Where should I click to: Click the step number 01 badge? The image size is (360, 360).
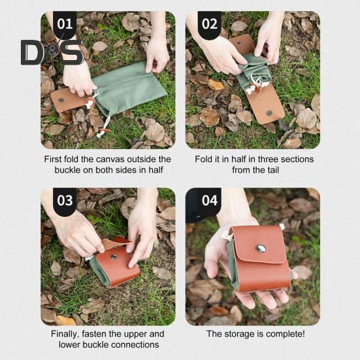[65, 24]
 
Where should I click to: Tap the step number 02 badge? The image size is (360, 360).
[209, 24]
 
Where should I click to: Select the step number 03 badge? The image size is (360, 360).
[65, 201]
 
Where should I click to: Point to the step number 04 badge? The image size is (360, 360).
[209, 201]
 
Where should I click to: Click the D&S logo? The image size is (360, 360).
[52, 52]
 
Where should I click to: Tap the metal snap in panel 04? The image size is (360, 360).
[261, 249]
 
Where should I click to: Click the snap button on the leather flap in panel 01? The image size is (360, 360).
[61, 100]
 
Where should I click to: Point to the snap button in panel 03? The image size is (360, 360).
[114, 257]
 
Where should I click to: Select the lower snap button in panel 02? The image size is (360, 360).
[269, 113]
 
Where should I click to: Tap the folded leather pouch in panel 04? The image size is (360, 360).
[260, 259]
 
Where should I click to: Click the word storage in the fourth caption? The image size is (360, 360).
[238, 335]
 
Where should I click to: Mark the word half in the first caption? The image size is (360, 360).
[155, 170]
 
